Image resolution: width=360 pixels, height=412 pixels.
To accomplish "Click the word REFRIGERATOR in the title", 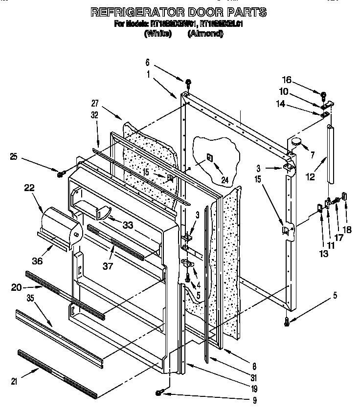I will click(127, 12).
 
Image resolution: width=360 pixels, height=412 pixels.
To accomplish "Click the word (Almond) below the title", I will click(205, 34).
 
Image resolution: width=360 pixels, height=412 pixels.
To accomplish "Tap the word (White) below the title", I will click(158, 34).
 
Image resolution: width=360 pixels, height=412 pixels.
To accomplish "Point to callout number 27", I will click(95, 103).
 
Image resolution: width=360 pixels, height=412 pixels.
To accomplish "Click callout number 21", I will click(14, 382).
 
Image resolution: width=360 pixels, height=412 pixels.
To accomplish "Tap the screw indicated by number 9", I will click(160, 392).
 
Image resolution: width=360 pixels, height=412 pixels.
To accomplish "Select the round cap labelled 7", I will click(296, 142).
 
